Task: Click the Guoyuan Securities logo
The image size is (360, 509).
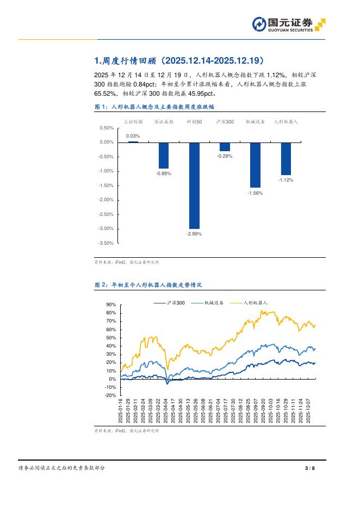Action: click(x=289, y=24)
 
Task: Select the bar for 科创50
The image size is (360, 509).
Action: click(x=194, y=185)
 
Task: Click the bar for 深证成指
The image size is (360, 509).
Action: click(x=164, y=155)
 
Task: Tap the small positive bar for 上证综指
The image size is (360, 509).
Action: click(x=133, y=141)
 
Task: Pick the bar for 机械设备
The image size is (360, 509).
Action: click(x=255, y=164)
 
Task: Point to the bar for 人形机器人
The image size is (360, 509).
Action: click(x=285, y=158)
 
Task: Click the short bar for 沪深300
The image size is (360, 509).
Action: click(x=225, y=146)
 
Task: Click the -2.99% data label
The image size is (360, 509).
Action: click(x=194, y=234)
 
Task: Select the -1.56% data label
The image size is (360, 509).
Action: click(x=255, y=193)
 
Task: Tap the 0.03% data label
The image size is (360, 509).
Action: click(x=133, y=136)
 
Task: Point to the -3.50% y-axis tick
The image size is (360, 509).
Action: click(x=107, y=243)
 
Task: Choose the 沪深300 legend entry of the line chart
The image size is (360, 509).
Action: click(x=170, y=302)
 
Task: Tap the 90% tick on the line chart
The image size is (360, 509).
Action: click(x=111, y=305)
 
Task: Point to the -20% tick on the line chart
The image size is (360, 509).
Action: click(x=110, y=395)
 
